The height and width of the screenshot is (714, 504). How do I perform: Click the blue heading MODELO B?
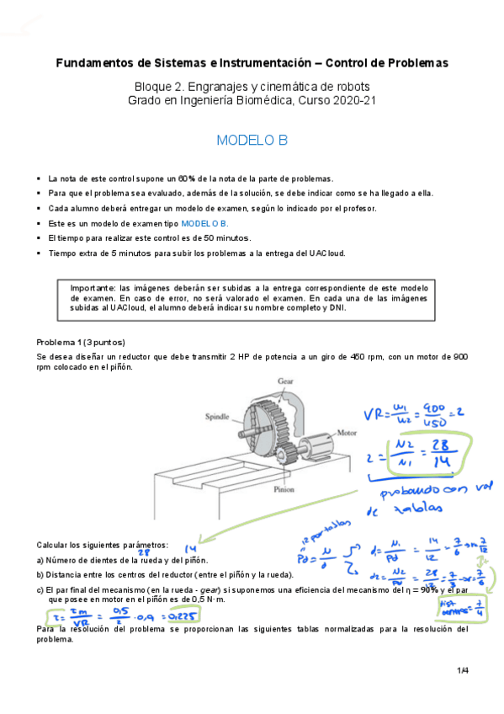click(x=252, y=141)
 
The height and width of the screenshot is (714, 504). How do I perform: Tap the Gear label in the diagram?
click(x=286, y=381)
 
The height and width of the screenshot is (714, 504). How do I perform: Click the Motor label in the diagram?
click(x=347, y=433)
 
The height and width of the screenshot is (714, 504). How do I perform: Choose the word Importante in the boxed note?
click(x=93, y=287)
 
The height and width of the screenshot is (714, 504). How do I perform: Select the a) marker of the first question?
click(x=40, y=560)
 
